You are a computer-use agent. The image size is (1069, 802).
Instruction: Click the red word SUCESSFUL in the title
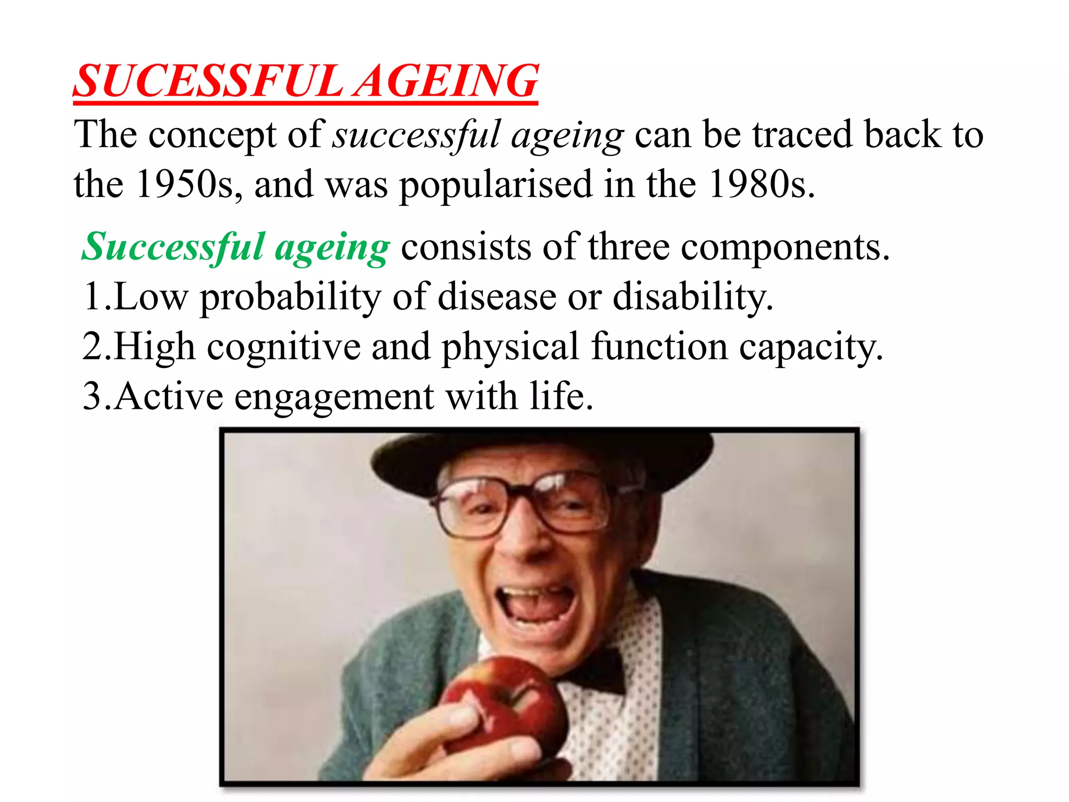click(209, 81)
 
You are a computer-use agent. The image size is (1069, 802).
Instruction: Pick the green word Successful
click(172, 246)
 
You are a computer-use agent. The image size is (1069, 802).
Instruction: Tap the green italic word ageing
click(332, 249)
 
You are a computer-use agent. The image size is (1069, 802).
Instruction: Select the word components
click(780, 247)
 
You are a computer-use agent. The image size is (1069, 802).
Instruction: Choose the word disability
click(692, 297)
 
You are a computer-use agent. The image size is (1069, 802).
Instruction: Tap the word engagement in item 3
click(334, 397)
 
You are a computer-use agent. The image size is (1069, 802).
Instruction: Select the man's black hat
click(543, 459)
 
